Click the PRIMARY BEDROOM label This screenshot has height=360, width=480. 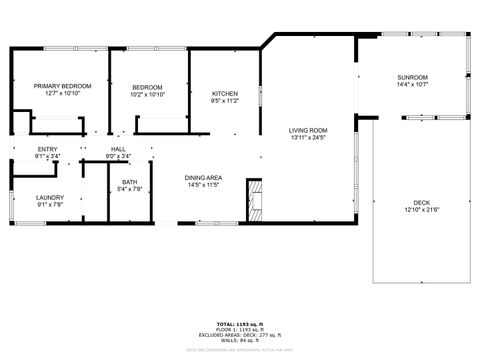(x=63, y=87)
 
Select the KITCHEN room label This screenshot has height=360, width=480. (x=224, y=94)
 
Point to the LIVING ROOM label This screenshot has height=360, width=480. (x=308, y=131)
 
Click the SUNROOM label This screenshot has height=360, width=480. (x=412, y=78)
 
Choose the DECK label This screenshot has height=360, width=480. (x=421, y=201)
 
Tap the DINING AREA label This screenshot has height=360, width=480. (x=203, y=178)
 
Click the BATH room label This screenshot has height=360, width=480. (x=130, y=182)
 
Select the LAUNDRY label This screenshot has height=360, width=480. (x=50, y=198)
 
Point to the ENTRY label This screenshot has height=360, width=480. (x=47, y=150)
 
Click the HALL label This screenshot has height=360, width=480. (x=118, y=150)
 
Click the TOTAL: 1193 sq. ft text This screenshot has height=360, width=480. (x=240, y=323)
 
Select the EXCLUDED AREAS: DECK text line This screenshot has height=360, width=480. (x=240, y=334)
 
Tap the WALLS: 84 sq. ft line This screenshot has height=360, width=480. (x=240, y=339)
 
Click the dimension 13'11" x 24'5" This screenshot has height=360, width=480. (x=308, y=138)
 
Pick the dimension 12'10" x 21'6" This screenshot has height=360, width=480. (x=421, y=208)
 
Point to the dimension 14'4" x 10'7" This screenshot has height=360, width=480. (x=412, y=85)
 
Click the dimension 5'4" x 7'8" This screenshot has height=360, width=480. (x=130, y=189)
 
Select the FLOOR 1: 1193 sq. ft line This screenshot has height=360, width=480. (x=240, y=329)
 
